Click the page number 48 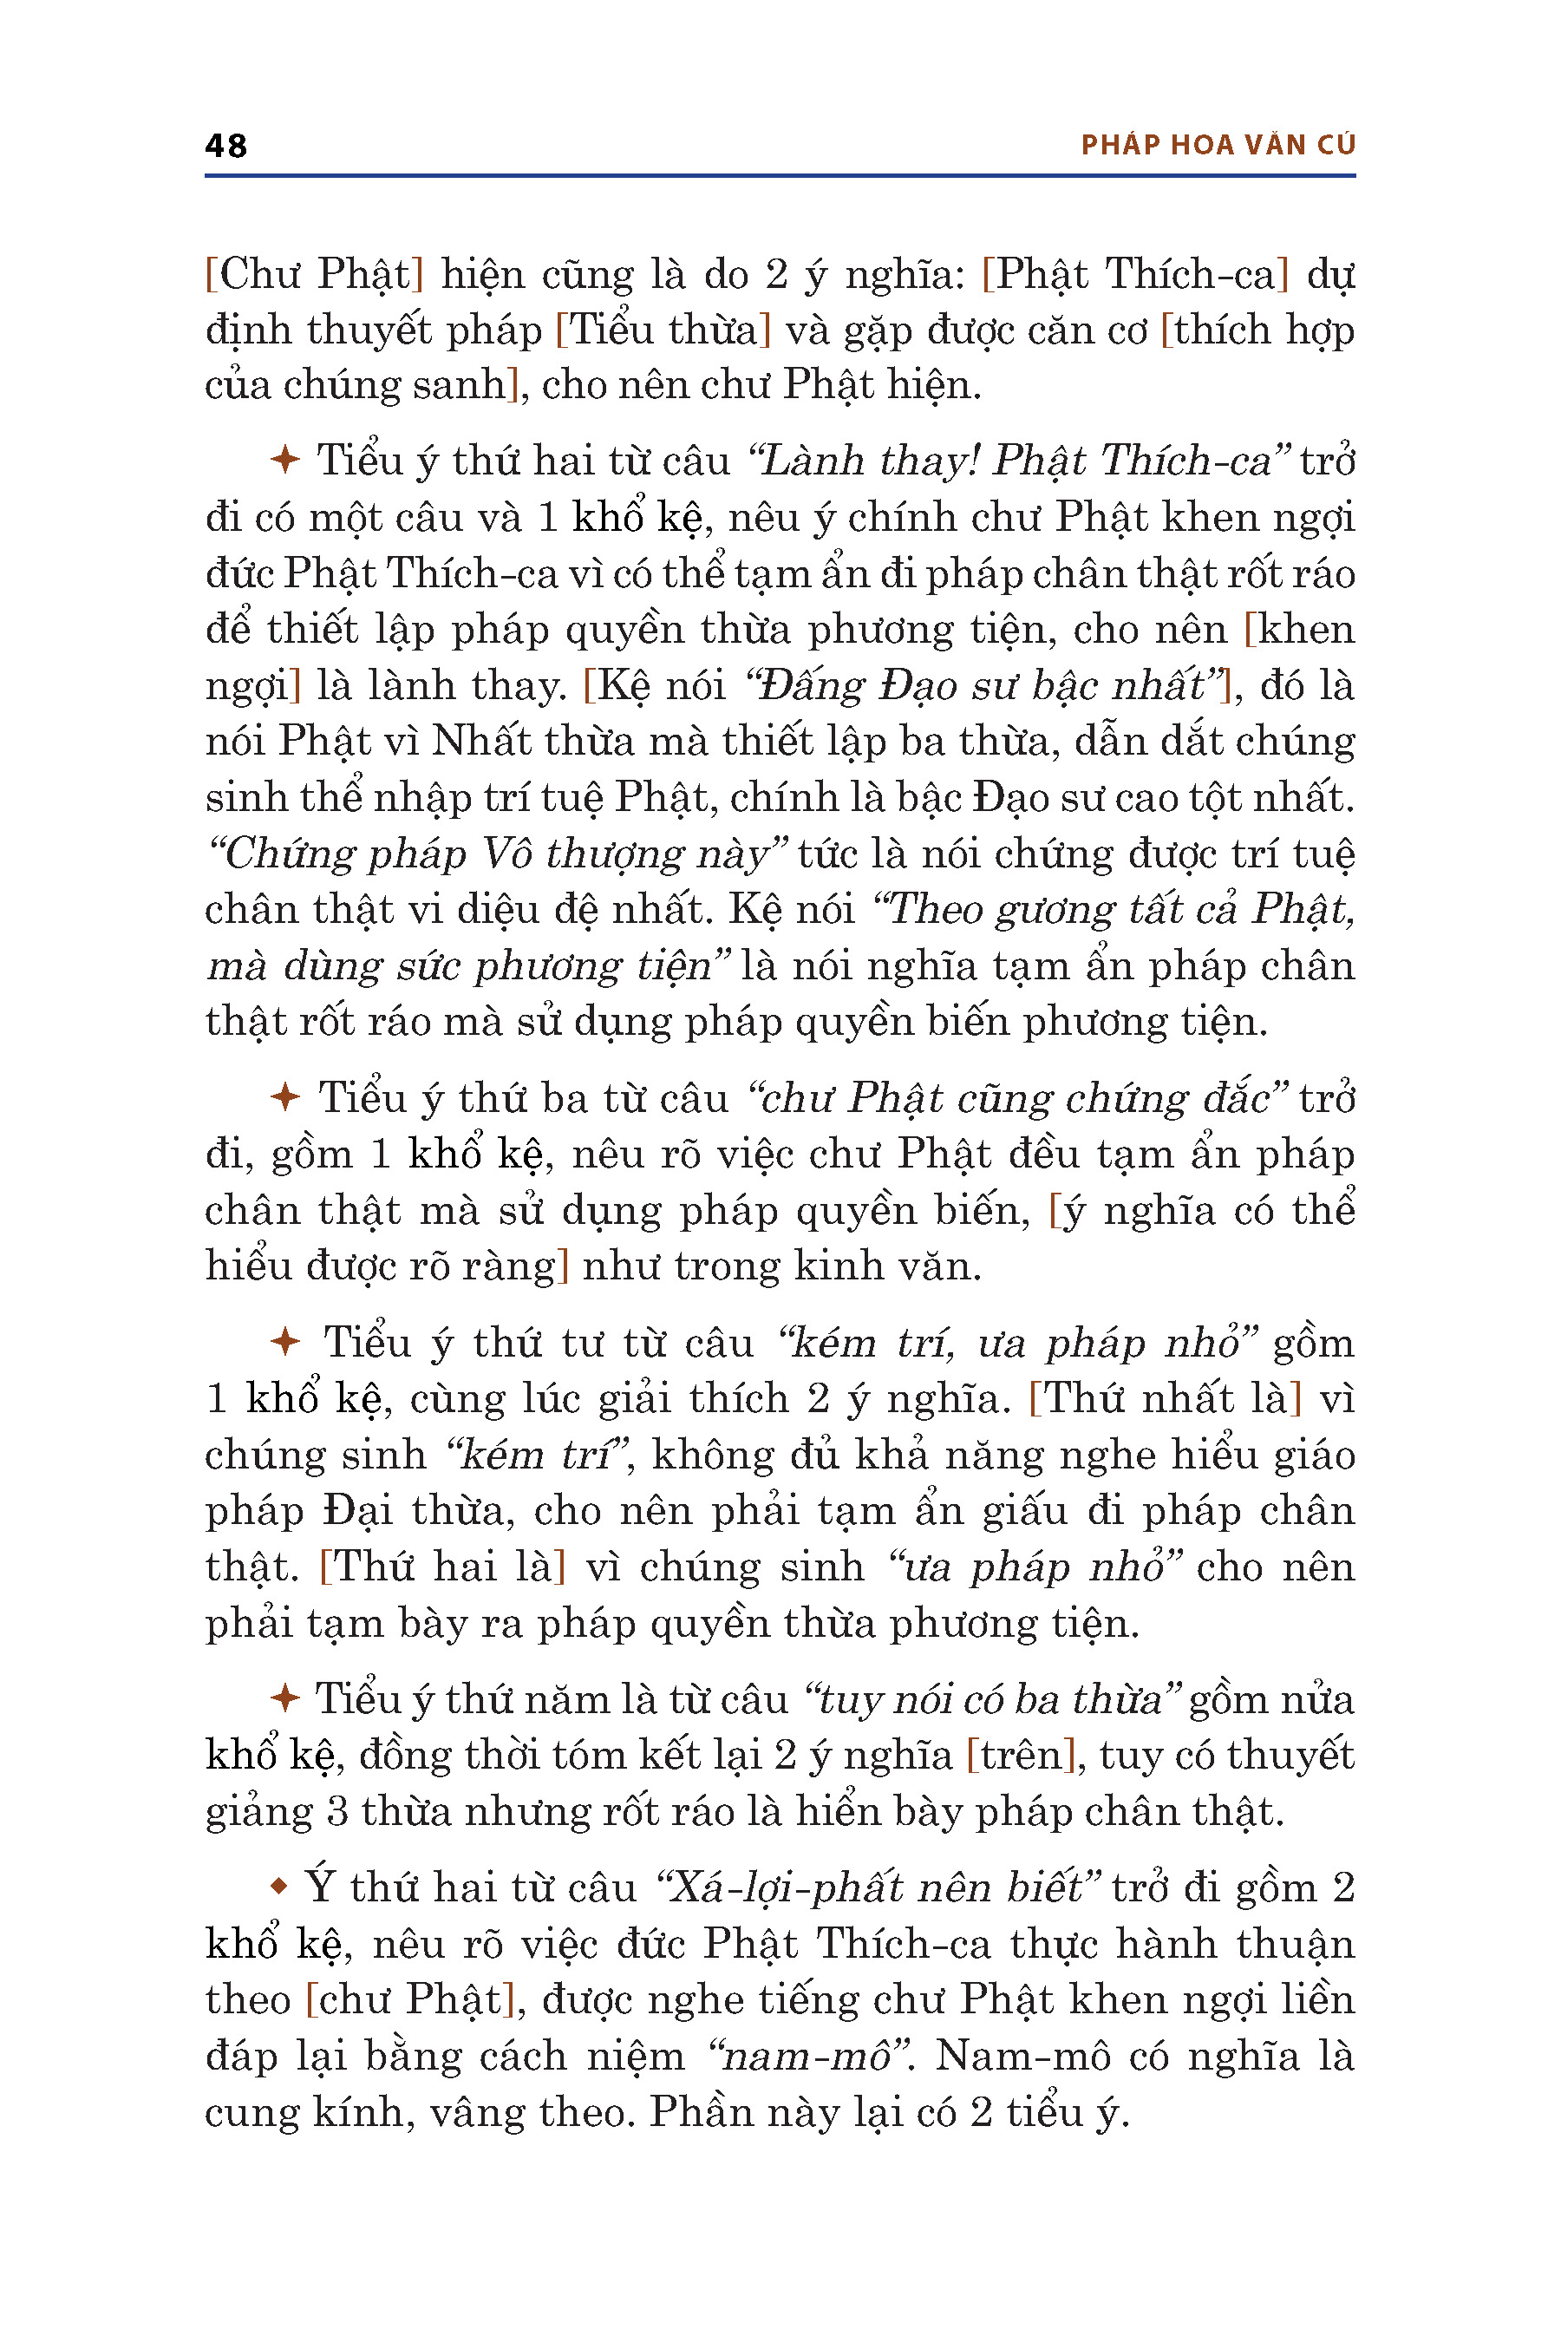226,146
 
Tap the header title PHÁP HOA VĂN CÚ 1218,146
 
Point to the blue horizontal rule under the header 780,176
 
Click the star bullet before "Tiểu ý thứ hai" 284,460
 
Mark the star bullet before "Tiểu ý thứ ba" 284,1097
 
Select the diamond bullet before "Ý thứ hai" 280,1886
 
